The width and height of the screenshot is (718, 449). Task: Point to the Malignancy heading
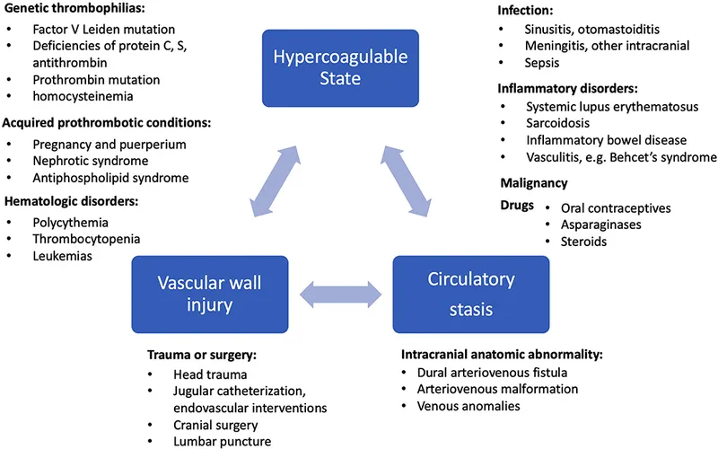533,183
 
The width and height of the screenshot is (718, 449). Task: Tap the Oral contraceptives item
609,207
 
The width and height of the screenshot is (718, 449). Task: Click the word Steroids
582,242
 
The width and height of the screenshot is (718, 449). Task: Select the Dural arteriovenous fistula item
487,372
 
